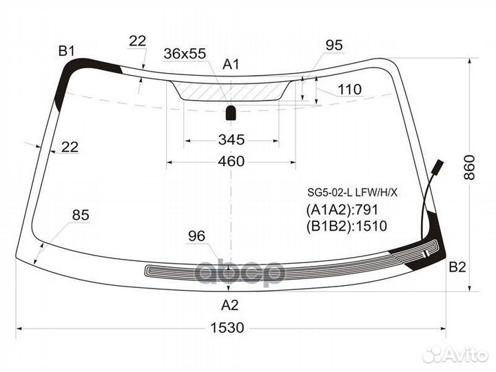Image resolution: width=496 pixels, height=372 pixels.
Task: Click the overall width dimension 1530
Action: (x=227, y=328)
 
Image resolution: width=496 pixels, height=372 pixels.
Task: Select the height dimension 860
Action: (x=470, y=167)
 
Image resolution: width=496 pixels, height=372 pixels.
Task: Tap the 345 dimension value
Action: (x=231, y=139)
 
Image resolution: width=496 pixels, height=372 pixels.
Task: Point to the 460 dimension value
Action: (x=231, y=161)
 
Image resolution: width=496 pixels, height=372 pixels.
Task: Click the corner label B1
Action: (x=66, y=51)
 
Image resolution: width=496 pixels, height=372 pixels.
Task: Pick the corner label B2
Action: (x=457, y=267)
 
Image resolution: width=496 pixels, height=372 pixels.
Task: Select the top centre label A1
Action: (x=231, y=64)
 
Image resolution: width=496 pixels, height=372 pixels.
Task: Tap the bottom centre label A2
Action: (x=229, y=305)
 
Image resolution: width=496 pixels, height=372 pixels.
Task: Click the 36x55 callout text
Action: (x=185, y=54)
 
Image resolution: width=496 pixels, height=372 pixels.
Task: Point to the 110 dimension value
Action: (x=349, y=90)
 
